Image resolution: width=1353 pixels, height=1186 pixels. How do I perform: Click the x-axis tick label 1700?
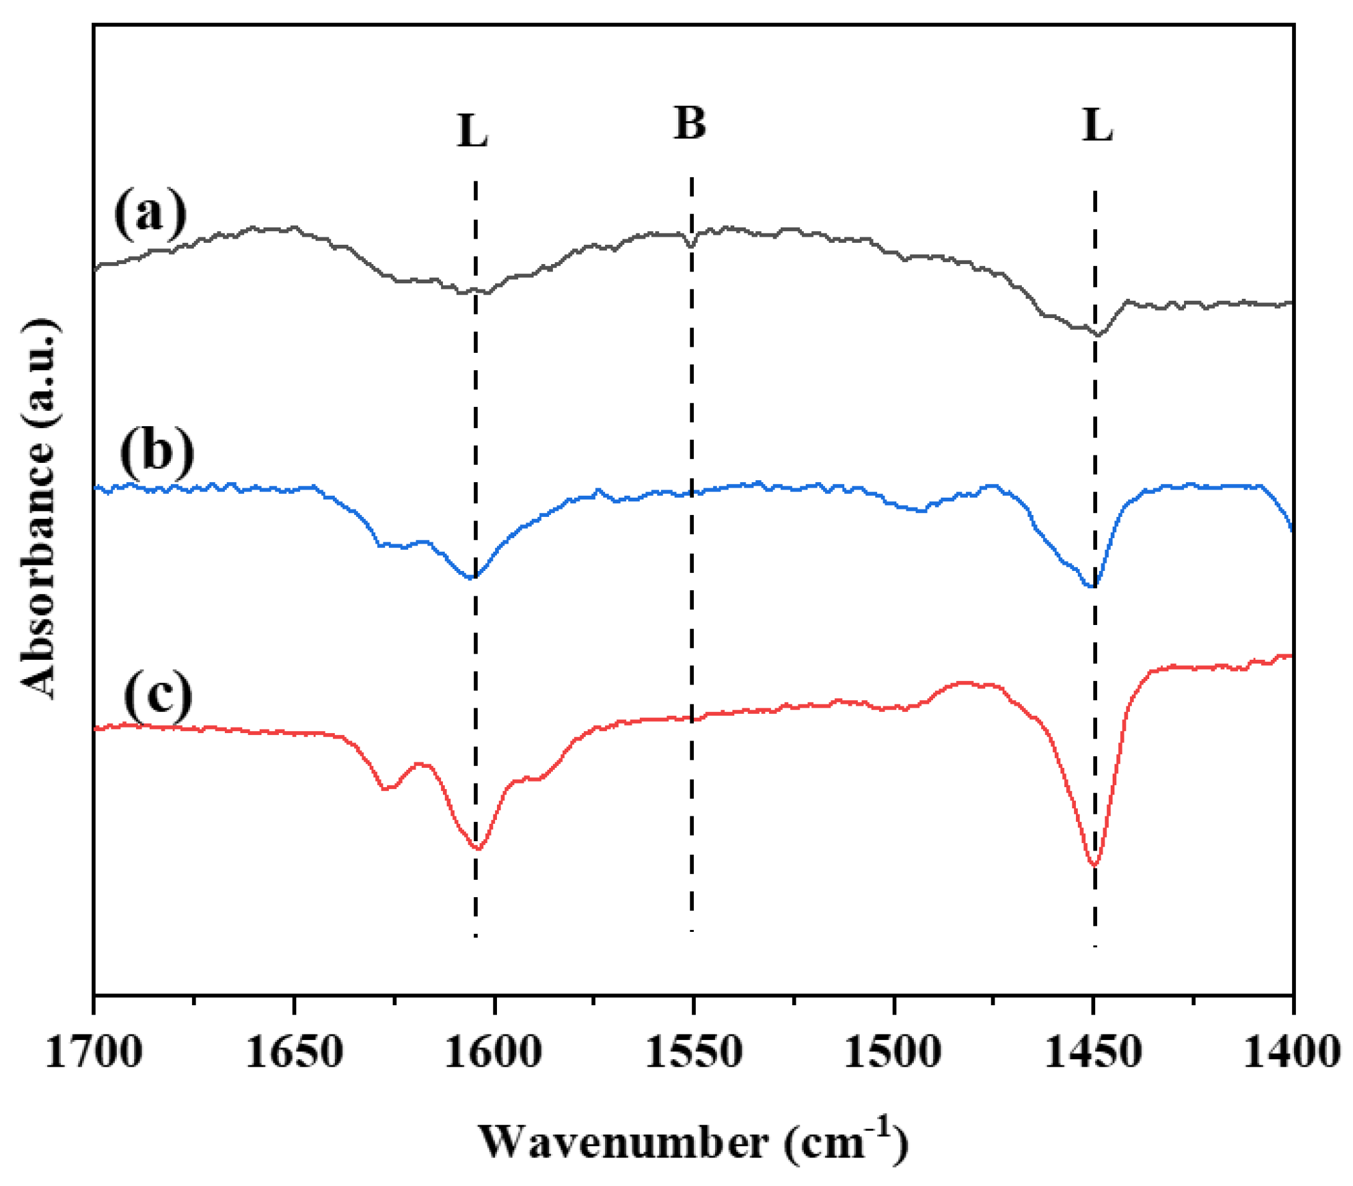tap(93, 1052)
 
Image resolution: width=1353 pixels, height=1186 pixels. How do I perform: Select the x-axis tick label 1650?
tap(294, 1052)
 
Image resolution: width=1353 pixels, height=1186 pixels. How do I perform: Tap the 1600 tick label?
tap(494, 1052)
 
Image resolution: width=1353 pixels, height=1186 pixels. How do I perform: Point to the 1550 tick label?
tap(693, 1052)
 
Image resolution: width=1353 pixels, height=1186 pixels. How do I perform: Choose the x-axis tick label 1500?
tap(893, 1052)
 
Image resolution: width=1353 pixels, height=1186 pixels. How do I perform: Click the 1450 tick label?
tap(1093, 1052)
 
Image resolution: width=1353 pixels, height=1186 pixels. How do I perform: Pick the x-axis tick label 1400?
tap(1292, 1052)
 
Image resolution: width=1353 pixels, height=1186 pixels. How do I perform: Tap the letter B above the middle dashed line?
tap(690, 124)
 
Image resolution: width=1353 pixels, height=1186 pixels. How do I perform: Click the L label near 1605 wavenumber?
tap(472, 132)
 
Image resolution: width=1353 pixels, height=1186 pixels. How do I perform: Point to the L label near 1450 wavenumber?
tap(1098, 125)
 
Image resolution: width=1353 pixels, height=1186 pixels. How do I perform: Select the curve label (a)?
tap(150, 213)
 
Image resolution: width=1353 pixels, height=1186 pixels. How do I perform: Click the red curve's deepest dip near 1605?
tap(478, 849)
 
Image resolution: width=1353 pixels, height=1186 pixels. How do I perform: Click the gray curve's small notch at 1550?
tap(691, 245)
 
